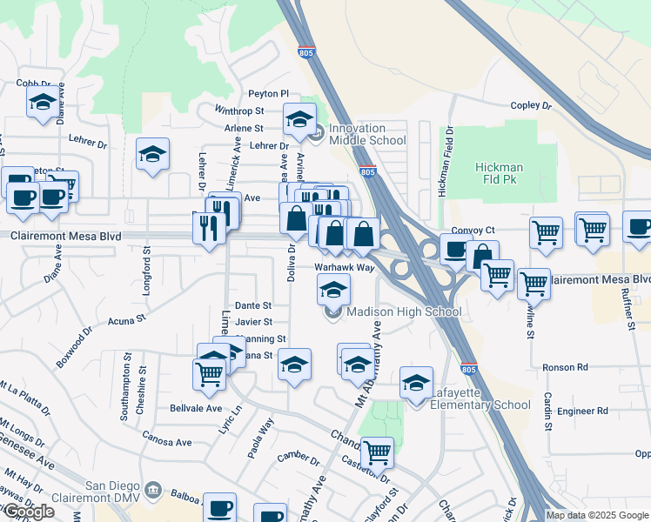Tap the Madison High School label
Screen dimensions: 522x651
tap(403, 311)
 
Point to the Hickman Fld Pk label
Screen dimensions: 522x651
tap(499, 172)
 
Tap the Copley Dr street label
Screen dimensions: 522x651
tap(531, 105)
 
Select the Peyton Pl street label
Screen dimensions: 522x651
tap(268, 93)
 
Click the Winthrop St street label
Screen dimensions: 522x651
tap(239, 111)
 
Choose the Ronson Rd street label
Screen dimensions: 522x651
tap(566, 367)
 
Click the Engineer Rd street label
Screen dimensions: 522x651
tap(583, 411)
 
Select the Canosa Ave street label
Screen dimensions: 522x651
tap(166, 442)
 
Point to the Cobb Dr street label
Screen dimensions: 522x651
tap(30, 84)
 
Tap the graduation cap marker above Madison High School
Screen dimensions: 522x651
tap(333, 288)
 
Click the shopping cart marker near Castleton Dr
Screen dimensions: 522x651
tap(377, 451)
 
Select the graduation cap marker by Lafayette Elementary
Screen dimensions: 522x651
tap(417, 382)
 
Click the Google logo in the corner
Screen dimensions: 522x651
tap(29, 512)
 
